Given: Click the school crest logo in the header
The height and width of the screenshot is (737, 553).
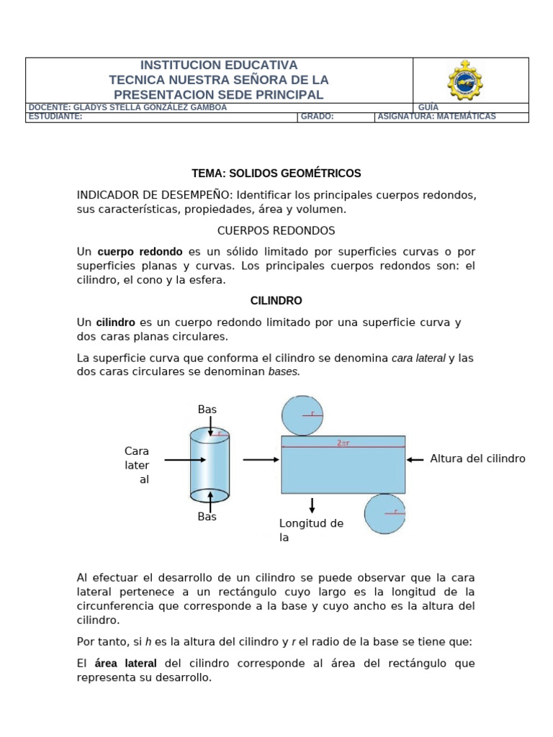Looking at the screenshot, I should click(465, 80).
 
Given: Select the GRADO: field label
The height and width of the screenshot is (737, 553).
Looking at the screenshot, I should click(317, 117).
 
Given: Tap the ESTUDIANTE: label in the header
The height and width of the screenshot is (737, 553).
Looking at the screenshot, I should click(55, 117).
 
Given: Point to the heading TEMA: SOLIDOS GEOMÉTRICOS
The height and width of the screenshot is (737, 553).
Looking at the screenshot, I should click(276, 173).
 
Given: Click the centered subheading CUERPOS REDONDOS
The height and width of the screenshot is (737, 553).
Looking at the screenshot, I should click(276, 231).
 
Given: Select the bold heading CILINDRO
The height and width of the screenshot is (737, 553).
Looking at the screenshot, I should click(276, 301).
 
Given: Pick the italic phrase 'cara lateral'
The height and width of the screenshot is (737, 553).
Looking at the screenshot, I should click(418, 358).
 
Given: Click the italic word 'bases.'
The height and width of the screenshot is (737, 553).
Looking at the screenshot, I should click(284, 371).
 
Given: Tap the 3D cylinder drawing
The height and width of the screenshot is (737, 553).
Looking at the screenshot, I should click(210, 465).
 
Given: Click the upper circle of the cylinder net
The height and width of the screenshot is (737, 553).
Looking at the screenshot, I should click(302, 415).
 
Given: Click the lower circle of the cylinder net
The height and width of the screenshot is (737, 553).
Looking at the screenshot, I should click(385, 513).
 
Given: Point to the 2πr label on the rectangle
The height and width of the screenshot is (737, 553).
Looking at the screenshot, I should click(343, 443).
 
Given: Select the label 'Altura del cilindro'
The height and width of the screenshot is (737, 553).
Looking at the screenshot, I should click(477, 458).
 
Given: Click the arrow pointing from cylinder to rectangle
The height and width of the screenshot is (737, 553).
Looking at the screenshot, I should click(260, 459).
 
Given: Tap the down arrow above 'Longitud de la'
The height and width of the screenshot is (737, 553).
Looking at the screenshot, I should click(312, 505).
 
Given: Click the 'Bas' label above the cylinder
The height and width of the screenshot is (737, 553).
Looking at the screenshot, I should click(207, 410).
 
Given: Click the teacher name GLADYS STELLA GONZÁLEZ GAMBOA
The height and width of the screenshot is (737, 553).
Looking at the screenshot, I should click(127, 107).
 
